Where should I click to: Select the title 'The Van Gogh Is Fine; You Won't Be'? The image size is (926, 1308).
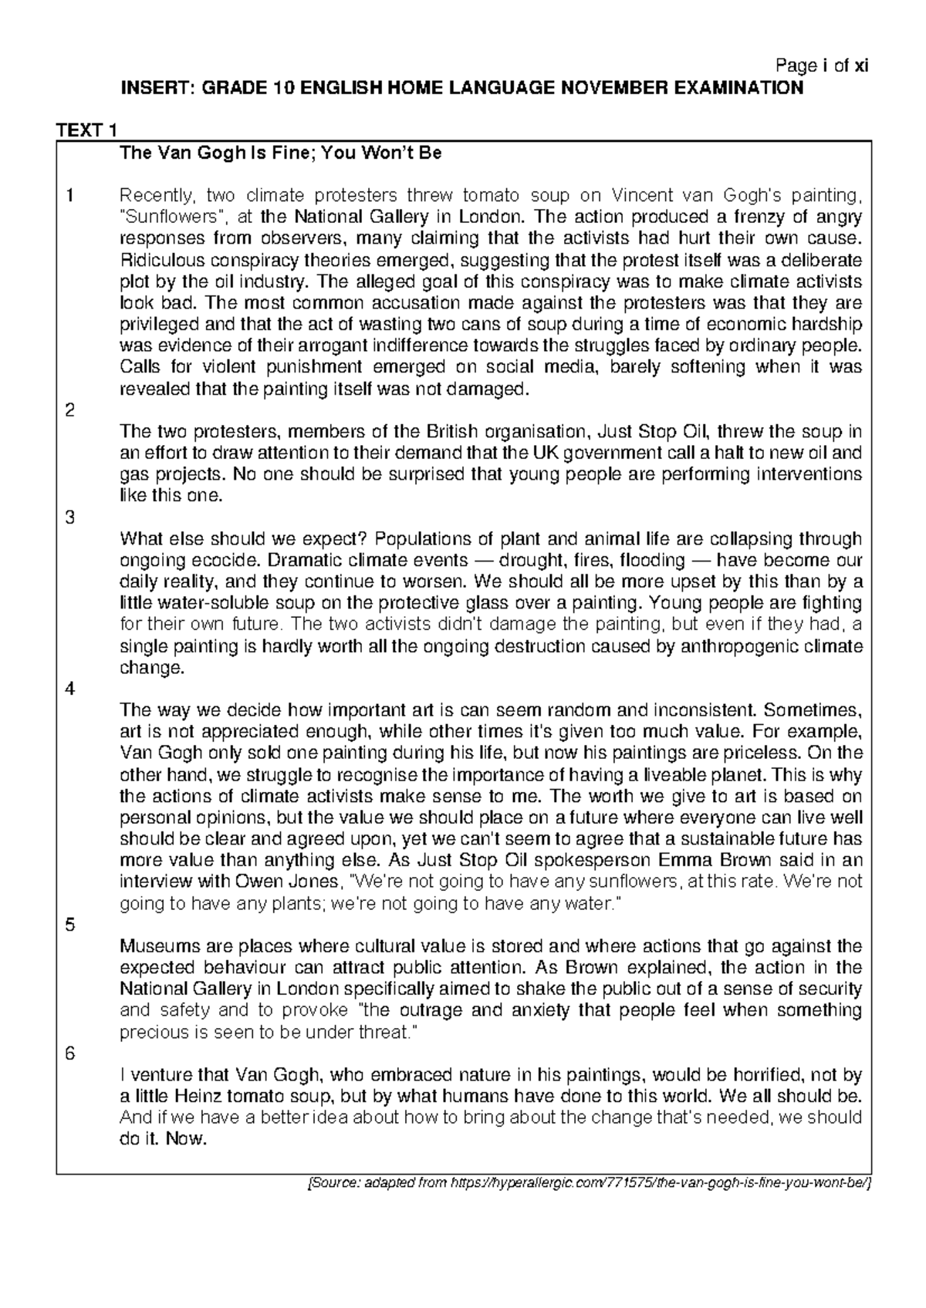(x=279, y=153)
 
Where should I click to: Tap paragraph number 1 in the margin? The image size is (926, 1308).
(x=70, y=195)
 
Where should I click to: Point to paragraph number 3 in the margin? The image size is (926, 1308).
(x=70, y=517)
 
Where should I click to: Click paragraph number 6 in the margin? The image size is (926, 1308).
(x=70, y=1053)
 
